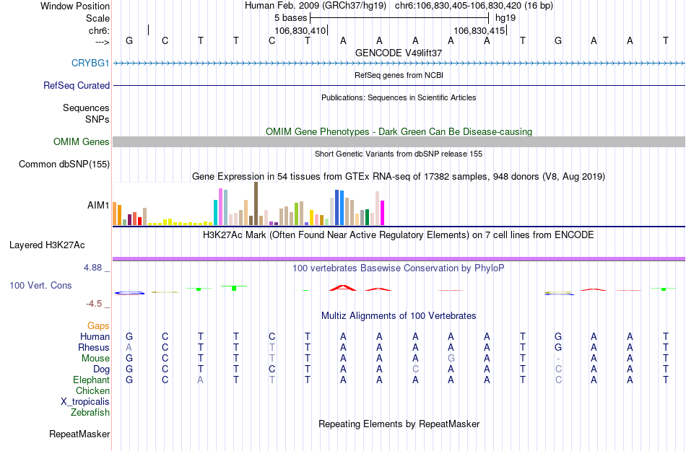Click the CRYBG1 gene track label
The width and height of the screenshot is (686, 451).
tap(90, 64)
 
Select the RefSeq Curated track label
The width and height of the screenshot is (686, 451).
tap(77, 86)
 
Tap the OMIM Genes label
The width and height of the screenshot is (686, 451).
tap(82, 142)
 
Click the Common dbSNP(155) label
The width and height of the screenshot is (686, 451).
tap(64, 165)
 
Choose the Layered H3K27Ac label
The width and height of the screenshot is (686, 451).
tap(60, 245)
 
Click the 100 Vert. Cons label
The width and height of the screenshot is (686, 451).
tap(40, 286)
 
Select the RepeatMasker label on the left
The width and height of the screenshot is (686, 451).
tap(79, 434)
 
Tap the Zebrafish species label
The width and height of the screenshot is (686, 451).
tap(90, 413)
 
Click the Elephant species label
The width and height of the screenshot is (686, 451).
tap(91, 380)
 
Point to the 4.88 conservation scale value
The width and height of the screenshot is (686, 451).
tap(96, 268)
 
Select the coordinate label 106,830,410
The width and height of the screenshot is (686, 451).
tap(300, 31)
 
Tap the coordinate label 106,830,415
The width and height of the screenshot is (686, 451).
tap(479, 31)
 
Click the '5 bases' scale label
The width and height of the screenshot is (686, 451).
tap(290, 17)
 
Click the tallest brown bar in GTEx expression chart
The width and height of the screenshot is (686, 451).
tap(256, 204)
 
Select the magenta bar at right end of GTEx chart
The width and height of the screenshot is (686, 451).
tap(383, 213)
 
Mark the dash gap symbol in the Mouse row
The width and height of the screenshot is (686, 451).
tap(558, 359)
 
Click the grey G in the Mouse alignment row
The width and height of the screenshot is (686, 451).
tap(451, 359)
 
